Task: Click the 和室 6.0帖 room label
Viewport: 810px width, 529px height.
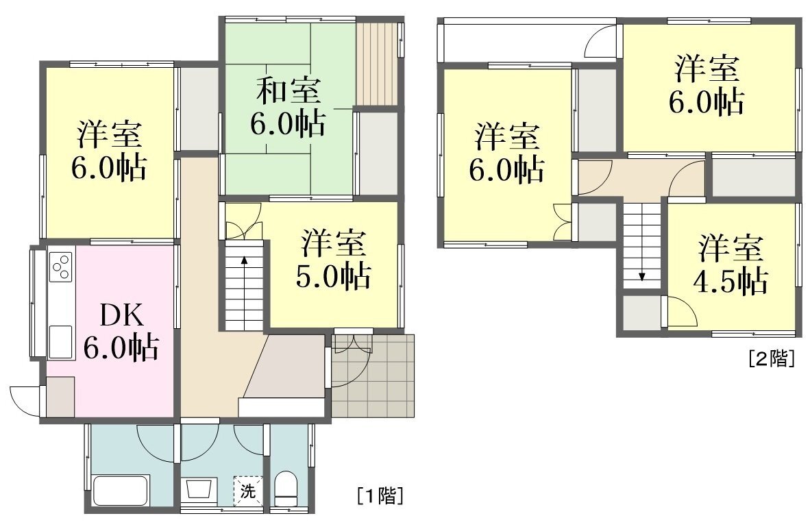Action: [x=289, y=107]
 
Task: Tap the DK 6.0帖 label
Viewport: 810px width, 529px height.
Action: [x=121, y=330]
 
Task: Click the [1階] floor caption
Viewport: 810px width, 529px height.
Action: [x=380, y=495]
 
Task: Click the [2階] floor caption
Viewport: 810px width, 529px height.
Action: [x=772, y=358]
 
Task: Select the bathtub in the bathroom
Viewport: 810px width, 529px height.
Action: [x=121, y=490]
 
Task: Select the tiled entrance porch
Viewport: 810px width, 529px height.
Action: [x=373, y=376]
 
